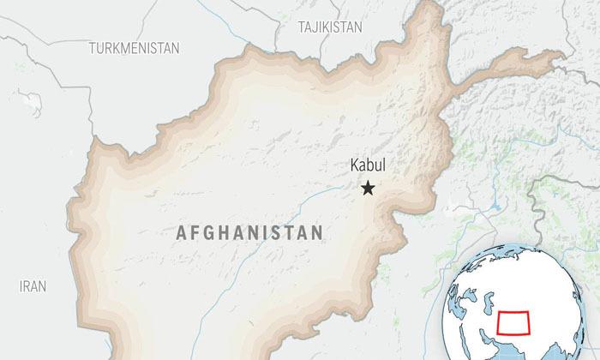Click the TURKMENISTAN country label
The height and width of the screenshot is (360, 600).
pos(134,49)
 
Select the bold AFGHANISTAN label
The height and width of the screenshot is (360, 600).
pos(249,232)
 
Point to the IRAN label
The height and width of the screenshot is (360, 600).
pos(33,286)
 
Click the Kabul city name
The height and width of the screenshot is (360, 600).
pos(368,168)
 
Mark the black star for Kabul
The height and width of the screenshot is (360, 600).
pos(368,188)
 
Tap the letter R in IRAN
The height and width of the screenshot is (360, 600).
pos(27,286)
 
